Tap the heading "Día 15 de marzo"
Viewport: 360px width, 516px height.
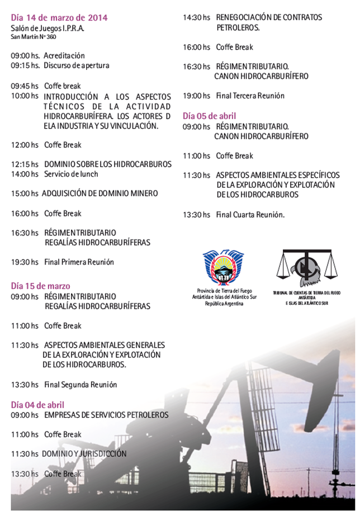[40, 286]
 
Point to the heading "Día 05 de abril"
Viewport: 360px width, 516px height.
[210, 116]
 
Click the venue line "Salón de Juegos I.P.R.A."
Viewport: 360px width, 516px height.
[48, 29]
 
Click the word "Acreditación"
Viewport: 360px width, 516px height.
[64, 55]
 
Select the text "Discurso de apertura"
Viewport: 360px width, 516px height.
[77, 65]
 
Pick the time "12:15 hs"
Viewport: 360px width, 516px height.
[25, 164]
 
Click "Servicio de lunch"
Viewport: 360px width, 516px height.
[71, 174]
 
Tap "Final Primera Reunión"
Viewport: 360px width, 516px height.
[79, 262]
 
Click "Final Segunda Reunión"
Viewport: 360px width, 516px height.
[80, 385]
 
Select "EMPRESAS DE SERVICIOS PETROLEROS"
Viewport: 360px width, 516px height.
[106, 415]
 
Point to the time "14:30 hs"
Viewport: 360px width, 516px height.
[197, 17]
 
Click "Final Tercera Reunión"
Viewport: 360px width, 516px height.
[250, 96]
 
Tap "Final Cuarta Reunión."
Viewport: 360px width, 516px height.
[250, 214]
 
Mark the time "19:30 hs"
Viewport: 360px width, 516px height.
[25, 262]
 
